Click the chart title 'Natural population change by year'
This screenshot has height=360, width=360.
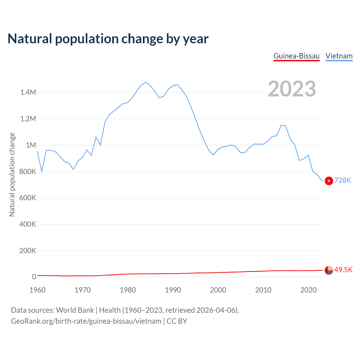108,39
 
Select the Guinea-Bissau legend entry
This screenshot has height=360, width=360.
296,56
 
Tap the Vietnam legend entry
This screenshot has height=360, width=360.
339,56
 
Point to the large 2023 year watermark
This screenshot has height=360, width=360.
292,89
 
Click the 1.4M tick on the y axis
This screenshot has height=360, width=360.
28,92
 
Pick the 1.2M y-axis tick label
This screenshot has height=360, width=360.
28,119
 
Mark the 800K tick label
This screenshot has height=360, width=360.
28,172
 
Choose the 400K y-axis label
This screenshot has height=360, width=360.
28,224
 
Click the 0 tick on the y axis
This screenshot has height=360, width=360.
34,277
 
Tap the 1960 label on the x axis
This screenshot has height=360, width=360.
37,290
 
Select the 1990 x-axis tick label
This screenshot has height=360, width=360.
173,290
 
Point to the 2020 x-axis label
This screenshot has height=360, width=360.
309,290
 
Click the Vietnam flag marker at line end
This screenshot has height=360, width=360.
329,181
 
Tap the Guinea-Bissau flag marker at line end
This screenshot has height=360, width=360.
329,270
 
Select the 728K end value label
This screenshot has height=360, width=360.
343,180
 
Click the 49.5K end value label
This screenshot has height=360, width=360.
343,270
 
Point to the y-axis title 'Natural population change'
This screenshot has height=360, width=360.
12,175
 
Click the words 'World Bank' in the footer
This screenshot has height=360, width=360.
75,310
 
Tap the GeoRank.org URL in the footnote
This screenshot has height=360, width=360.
86,321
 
